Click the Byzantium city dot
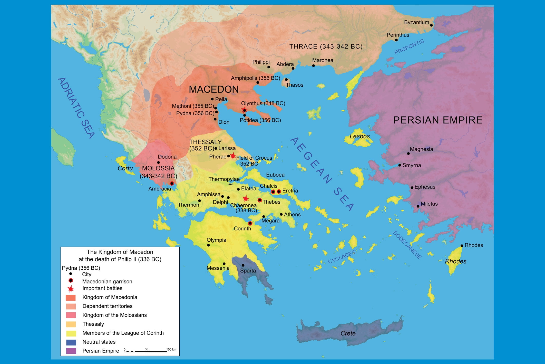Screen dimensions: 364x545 pyautogui.click(x=431, y=25)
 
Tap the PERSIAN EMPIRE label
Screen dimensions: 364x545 pyautogui.click(x=437, y=120)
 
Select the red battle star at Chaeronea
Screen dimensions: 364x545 pyautogui.click(x=246, y=198)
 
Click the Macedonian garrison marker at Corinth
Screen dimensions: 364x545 pyautogui.click(x=250, y=223)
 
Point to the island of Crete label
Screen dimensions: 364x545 pyautogui.click(x=348, y=333)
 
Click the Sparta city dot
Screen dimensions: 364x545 pyautogui.click(x=243, y=265)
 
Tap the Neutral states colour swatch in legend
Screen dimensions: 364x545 pyautogui.click(x=71, y=342)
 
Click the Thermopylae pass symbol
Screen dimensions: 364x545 pyautogui.click(x=231, y=184)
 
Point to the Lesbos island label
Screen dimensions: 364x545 pyautogui.click(x=359, y=136)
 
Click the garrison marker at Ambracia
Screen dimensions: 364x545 pyautogui.click(x=172, y=183)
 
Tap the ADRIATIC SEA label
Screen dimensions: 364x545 pyautogui.click(x=76, y=108)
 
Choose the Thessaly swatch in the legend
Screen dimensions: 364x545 pyautogui.click(x=71, y=324)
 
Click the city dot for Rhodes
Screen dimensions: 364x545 pyautogui.click(x=462, y=246)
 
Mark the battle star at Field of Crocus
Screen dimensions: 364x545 pyautogui.click(x=233, y=156)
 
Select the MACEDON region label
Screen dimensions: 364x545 pyautogui.click(x=214, y=89)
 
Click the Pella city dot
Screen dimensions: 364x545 pyautogui.click(x=212, y=99)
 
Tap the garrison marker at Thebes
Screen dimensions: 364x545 pyautogui.click(x=260, y=200)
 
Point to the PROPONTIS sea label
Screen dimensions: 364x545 pyautogui.click(x=409, y=47)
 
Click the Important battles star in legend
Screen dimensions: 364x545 pyautogui.click(x=71, y=289)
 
